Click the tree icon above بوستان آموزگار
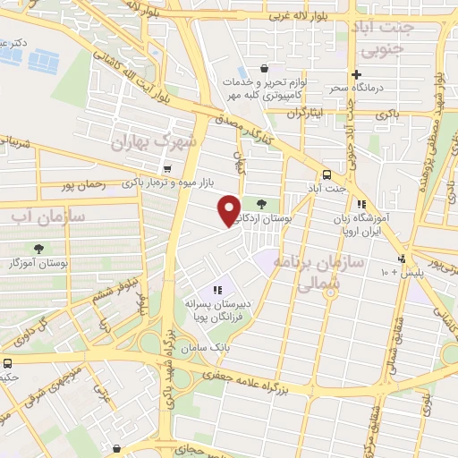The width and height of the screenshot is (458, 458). pyautogui.click(x=38, y=249)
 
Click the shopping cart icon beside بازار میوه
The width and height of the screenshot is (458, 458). pyautogui.click(x=167, y=168)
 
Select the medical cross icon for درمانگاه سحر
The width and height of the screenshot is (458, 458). pyautogui.click(x=357, y=74)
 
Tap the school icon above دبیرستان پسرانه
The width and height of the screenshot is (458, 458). pyautogui.click(x=216, y=289)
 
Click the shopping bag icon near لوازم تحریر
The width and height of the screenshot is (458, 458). pyautogui.click(x=264, y=68)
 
